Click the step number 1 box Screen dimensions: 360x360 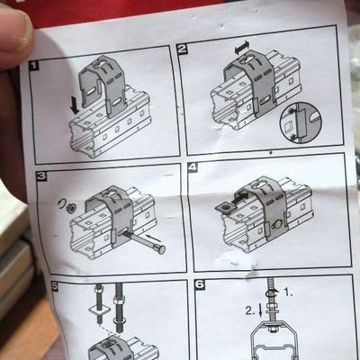coord(34,66)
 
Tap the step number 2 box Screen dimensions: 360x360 coord(183,49)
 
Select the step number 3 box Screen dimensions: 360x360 coord(41,175)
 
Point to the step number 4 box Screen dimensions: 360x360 coord(193,167)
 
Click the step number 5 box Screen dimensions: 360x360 coord(54,286)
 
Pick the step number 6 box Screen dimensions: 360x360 coord(200,284)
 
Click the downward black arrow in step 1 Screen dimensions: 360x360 coord(74,105)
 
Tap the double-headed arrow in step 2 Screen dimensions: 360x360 coord(242,48)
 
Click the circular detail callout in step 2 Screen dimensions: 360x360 coord(301,122)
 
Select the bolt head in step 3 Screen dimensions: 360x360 coord(161,249)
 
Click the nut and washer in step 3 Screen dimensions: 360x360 coord(67,206)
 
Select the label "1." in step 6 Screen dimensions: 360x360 coord(288,292)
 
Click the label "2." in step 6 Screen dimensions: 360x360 coord(250,310)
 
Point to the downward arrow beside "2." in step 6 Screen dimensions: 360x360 coord(260,310)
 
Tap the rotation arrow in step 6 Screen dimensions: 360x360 coord(272,292)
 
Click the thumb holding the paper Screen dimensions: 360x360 coord(14,33)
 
